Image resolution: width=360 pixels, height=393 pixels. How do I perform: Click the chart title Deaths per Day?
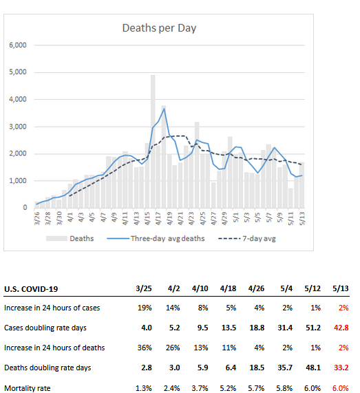click(x=159, y=28)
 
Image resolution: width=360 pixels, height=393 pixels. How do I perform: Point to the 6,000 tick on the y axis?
click(x=18, y=45)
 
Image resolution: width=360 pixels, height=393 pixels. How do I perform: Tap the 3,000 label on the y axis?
click(x=18, y=127)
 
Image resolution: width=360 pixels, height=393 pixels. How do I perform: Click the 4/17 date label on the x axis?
click(x=158, y=218)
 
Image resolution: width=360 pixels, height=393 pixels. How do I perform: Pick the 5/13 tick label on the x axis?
click(x=302, y=218)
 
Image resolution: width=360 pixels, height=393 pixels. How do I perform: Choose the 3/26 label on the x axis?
click(x=37, y=218)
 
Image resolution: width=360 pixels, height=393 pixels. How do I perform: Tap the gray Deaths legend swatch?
click(x=56, y=238)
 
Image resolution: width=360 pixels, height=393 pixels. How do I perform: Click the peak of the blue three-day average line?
click(x=164, y=109)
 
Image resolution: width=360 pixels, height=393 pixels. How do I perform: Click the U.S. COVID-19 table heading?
click(x=31, y=289)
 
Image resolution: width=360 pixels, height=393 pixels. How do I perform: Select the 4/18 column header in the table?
click(x=228, y=288)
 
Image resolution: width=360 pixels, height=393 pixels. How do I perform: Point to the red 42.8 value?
click(x=341, y=328)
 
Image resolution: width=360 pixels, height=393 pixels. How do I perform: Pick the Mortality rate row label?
click(x=28, y=388)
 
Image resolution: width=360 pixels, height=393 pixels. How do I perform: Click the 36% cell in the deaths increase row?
click(x=145, y=348)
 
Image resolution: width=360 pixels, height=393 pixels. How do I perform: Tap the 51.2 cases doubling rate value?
click(x=313, y=328)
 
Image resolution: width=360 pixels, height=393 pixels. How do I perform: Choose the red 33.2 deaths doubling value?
click(x=341, y=368)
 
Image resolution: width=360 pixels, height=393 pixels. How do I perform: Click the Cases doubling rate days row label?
click(x=45, y=328)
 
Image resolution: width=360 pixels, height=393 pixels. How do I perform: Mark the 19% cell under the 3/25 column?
click(x=145, y=308)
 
